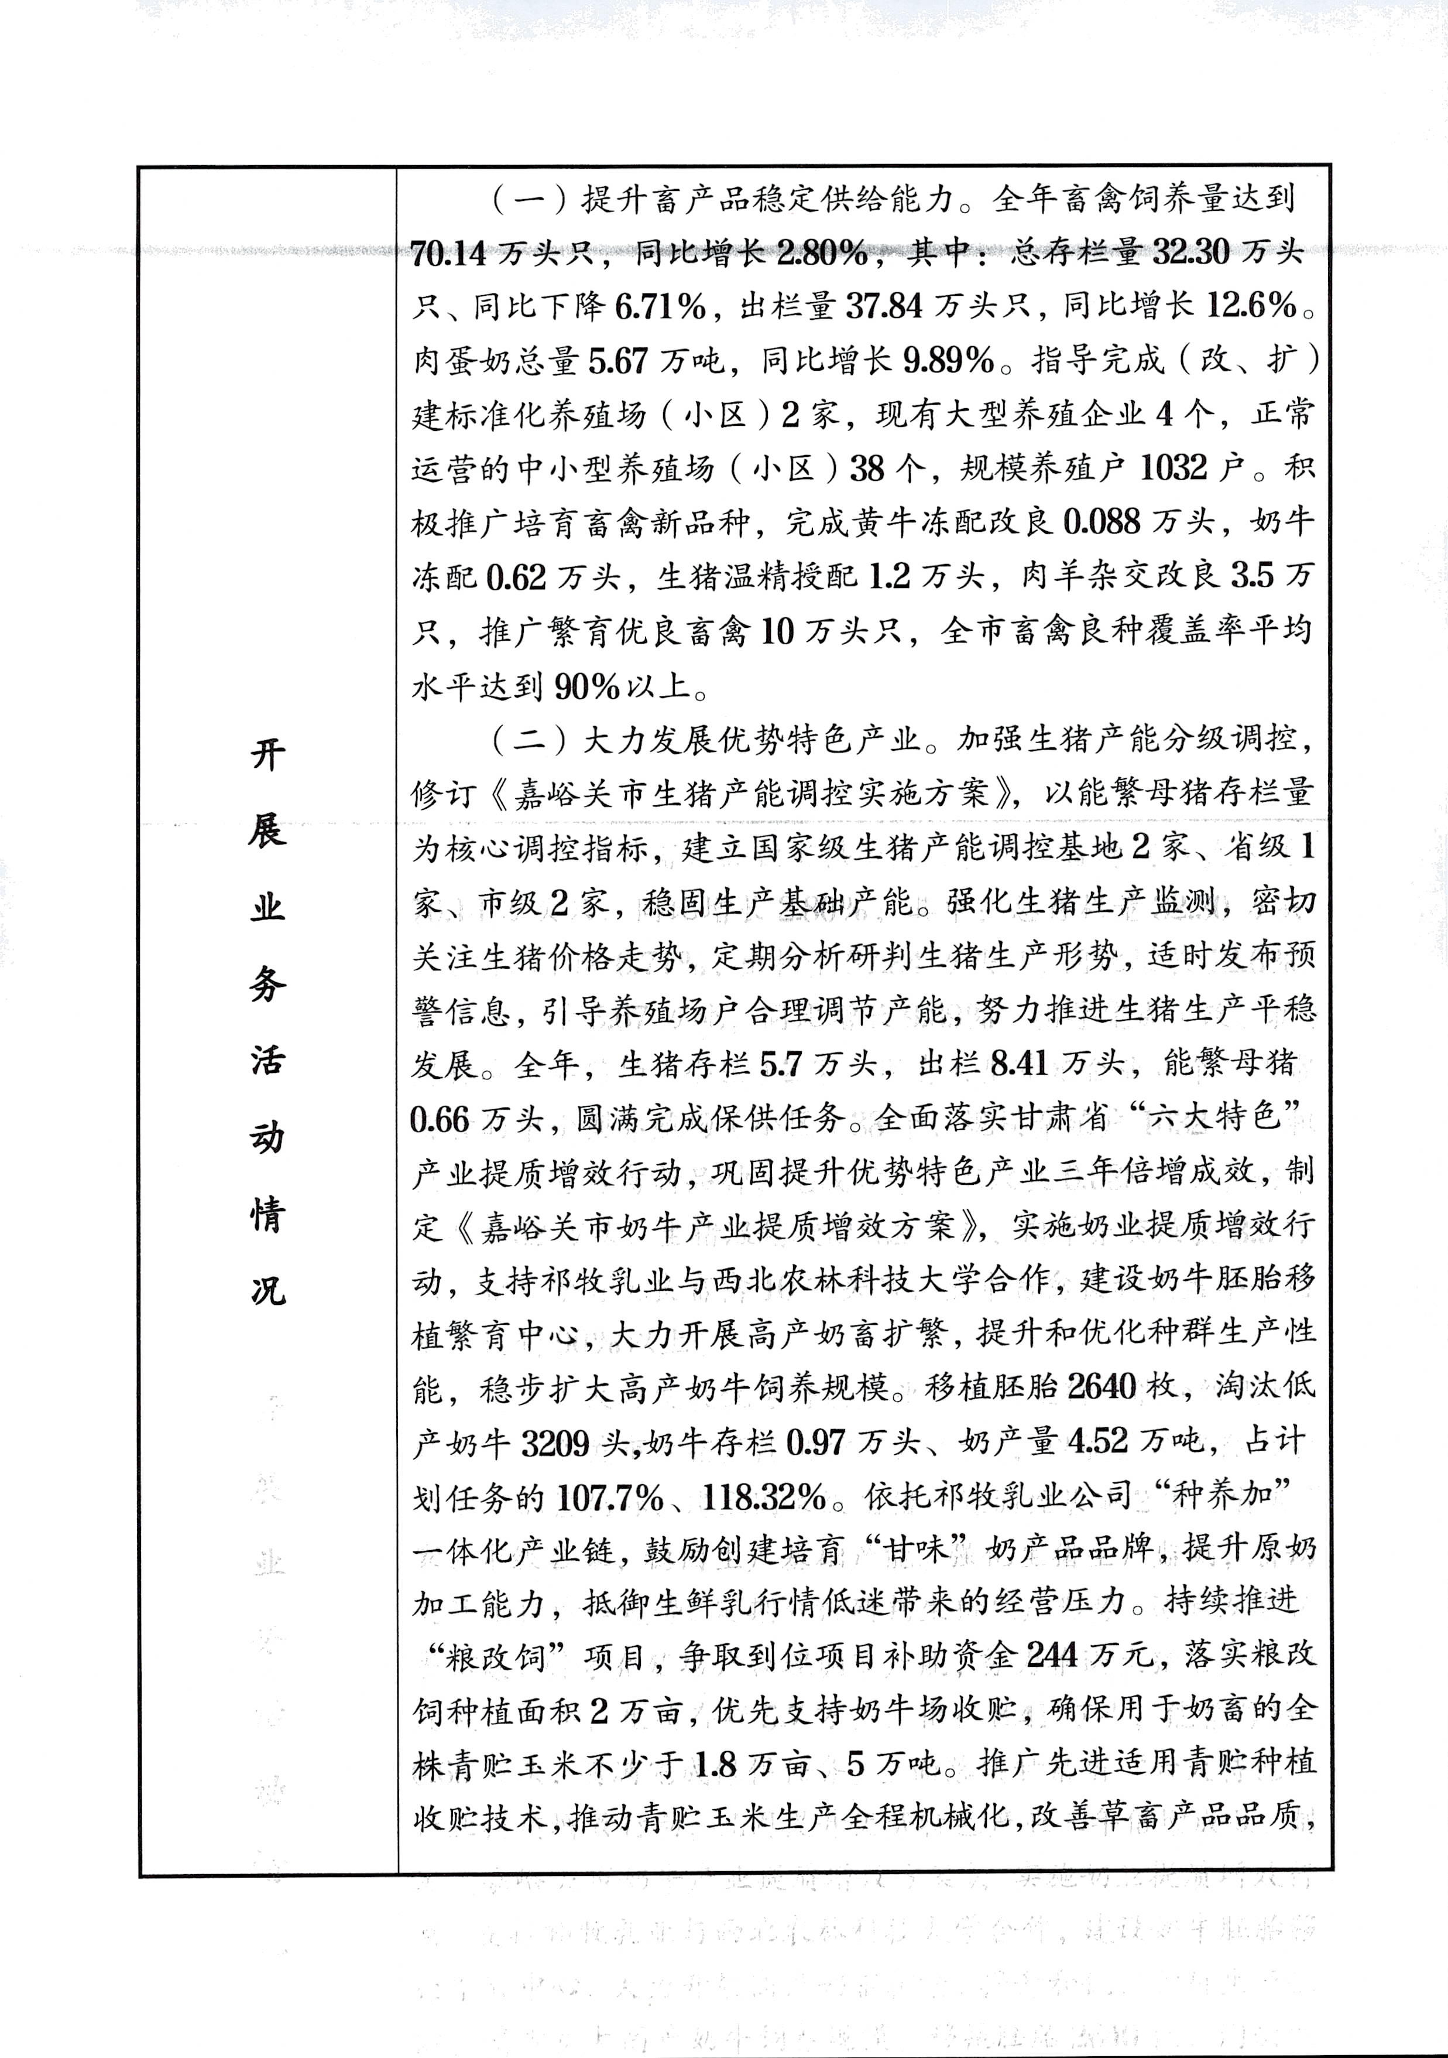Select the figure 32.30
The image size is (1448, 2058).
coord(1191,254)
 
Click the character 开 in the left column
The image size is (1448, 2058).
coord(267,755)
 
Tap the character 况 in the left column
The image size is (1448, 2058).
coord(267,1290)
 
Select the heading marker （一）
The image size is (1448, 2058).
coord(528,200)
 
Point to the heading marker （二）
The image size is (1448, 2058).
coord(528,740)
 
